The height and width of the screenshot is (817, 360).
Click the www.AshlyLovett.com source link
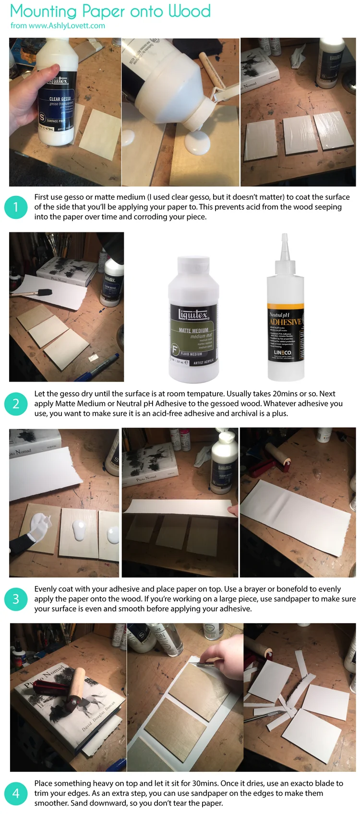coord(67,26)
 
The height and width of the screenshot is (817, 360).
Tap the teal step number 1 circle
coord(15,207)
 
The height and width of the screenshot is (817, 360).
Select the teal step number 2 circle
coord(15,403)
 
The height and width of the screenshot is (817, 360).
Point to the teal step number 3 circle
coord(15,599)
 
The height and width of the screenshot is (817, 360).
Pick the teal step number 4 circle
coord(15,793)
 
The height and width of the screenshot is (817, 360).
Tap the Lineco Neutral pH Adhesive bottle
coord(285,326)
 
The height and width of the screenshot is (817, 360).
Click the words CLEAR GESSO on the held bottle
coord(60,99)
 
